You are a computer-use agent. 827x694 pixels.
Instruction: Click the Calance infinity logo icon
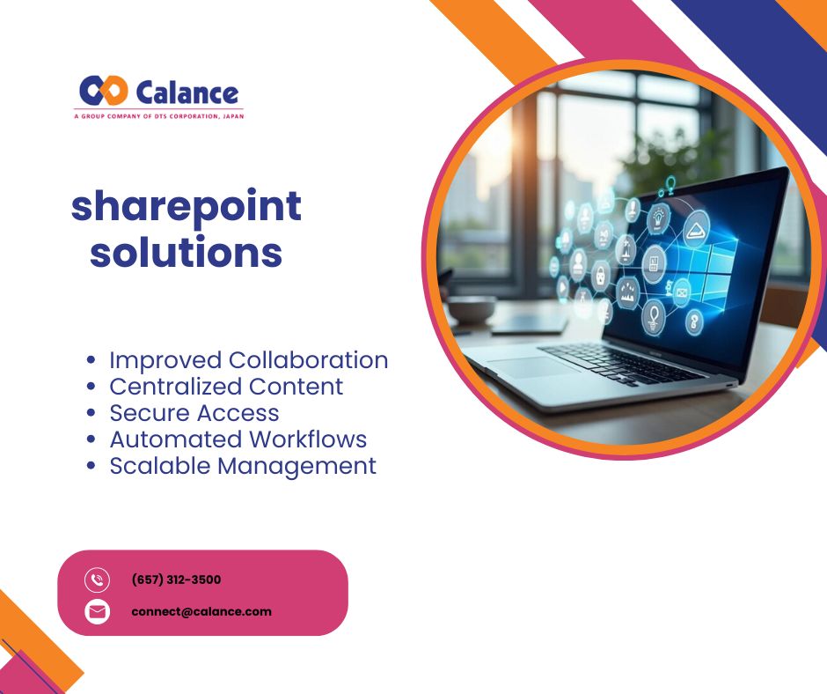pos(104,91)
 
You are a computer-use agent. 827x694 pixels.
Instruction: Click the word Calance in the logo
pos(187,93)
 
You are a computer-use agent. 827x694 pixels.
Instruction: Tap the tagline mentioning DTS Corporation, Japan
pos(158,116)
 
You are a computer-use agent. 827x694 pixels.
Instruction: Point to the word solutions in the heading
pos(187,253)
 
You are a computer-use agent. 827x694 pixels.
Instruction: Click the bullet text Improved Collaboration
pos(249,360)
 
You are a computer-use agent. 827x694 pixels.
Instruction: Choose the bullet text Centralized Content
pos(226,387)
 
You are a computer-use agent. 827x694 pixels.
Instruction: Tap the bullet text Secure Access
pos(194,413)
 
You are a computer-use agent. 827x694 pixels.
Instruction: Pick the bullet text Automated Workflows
pos(238,439)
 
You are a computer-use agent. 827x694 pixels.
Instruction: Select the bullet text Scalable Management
pos(243,466)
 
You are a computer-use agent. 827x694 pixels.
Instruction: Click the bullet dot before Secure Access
pos(91,413)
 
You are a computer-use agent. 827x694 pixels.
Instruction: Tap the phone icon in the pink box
pos(97,580)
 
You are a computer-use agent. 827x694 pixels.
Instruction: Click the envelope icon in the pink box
pos(97,612)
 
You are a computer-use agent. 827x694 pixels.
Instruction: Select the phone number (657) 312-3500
pos(176,580)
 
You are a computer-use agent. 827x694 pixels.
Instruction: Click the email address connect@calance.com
pos(201,611)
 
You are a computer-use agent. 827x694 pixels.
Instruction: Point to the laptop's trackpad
pos(531,366)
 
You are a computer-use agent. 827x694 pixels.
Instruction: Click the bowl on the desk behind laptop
pos(471,309)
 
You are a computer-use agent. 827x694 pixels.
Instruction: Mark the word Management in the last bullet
pos(297,467)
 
